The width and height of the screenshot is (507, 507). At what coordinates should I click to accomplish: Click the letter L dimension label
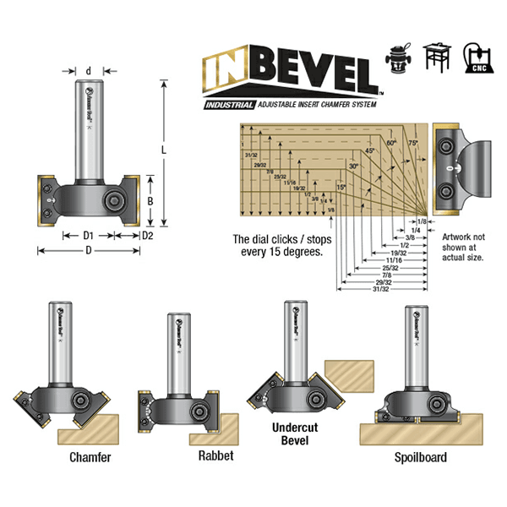point(165,150)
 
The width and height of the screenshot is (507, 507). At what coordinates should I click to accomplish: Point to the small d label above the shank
point(90,71)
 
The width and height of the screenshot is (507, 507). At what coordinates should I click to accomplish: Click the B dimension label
point(149,201)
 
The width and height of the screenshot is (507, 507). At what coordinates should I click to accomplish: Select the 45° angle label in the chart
point(368,150)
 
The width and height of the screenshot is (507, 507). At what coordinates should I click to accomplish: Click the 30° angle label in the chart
point(352,167)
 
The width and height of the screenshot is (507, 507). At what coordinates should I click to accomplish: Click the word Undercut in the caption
point(289,428)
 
